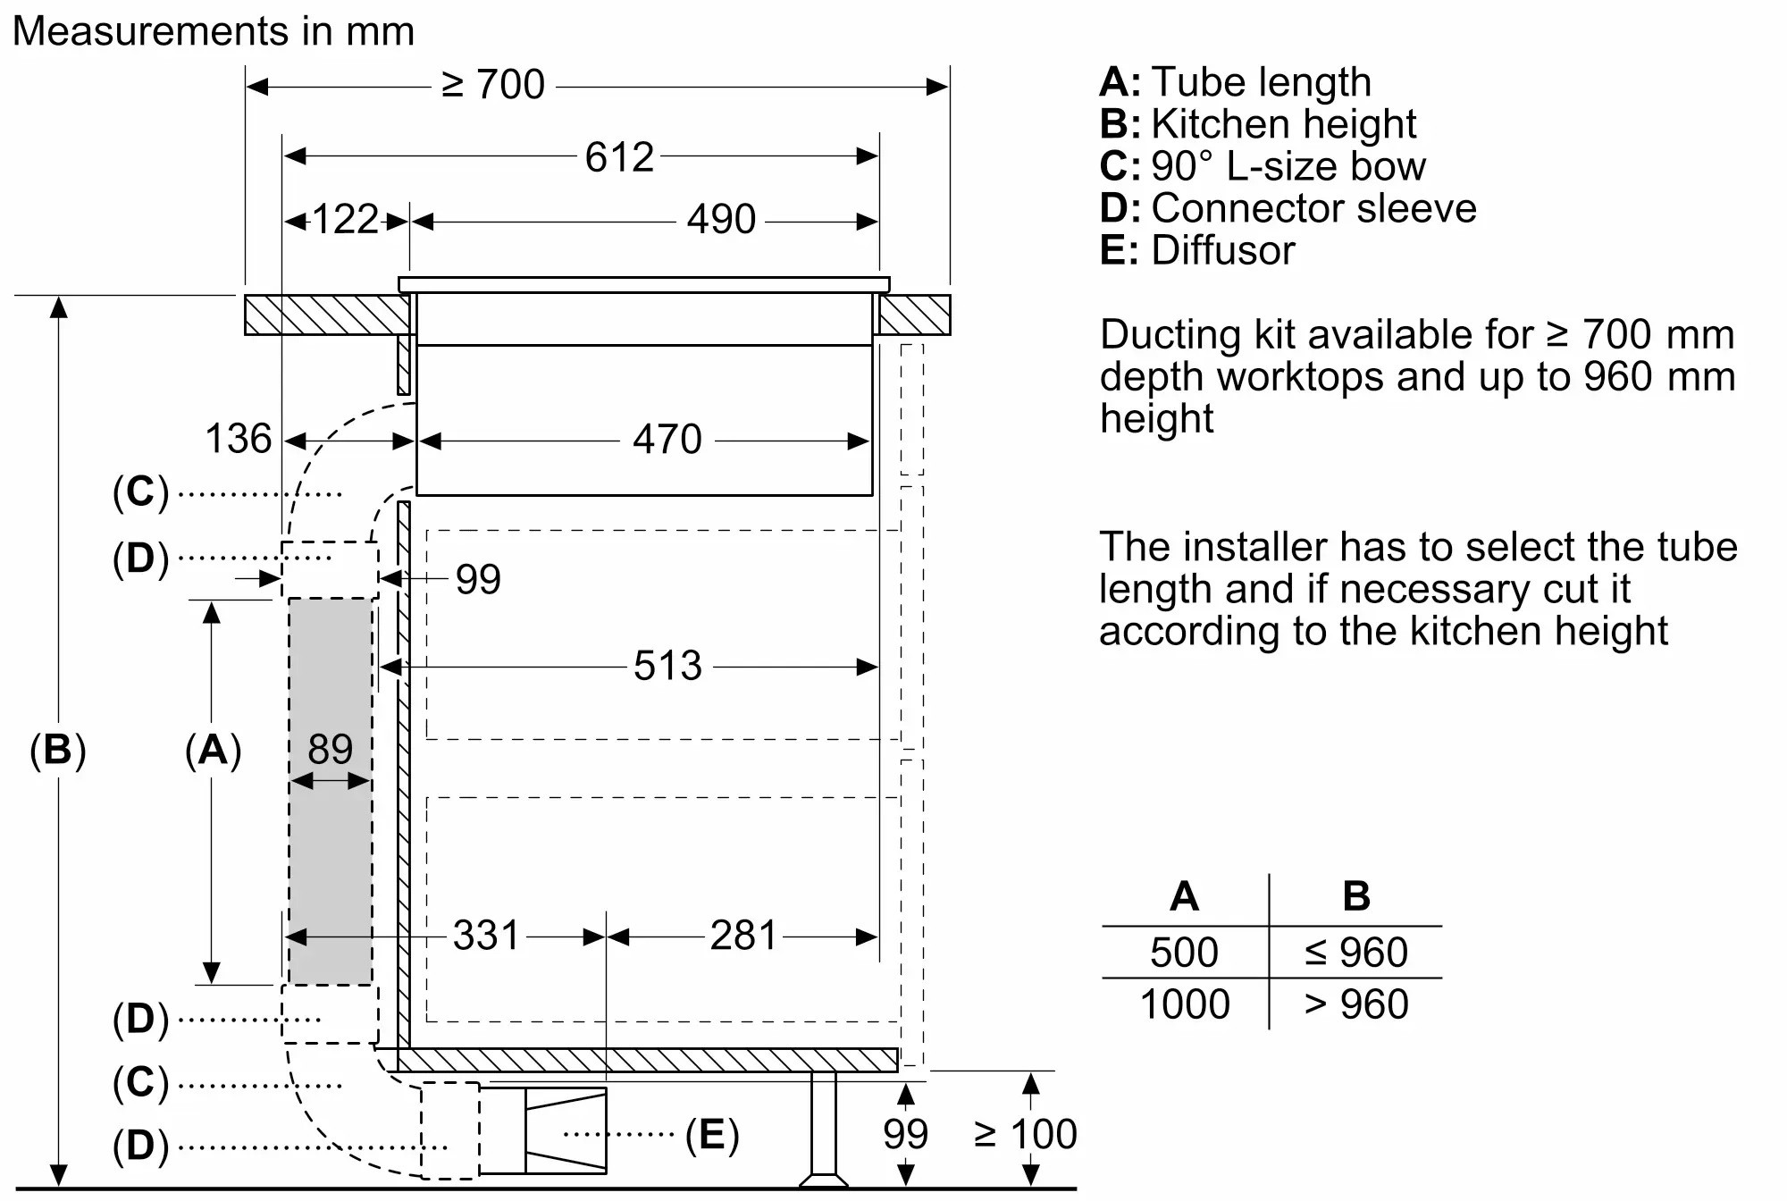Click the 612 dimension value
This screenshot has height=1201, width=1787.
tap(619, 157)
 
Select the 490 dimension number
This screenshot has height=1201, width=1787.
tap(721, 220)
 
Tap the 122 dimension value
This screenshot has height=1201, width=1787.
tap(345, 220)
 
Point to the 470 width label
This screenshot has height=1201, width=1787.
tap(667, 440)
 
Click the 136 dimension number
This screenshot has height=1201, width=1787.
tap(238, 439)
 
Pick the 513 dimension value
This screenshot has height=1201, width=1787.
tap(667, 666)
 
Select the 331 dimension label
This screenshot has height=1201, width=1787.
tap(486, 936)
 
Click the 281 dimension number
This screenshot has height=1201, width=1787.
tap(743, 936)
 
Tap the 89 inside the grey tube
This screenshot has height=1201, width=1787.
tap(330, 749)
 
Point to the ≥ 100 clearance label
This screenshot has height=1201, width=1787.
tap(1025, 1135)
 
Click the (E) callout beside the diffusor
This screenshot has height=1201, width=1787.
tap(712, 1135)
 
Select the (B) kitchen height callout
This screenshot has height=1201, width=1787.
tap(58, 749)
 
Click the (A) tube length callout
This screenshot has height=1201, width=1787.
tap(213, 749)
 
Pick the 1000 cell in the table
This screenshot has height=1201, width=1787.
tap(1185, 1004)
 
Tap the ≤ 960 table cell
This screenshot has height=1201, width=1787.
tap(1355, 953)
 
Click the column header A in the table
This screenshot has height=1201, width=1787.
tap(1184, 896)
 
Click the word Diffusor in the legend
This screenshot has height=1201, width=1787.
tap(1222, 250)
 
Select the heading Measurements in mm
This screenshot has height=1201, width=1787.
tap(214, 31)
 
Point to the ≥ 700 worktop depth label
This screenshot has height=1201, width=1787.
tap(493, 85)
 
